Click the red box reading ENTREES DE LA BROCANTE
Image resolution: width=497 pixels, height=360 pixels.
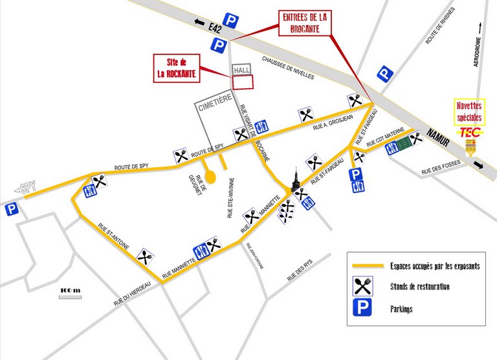point(304,23)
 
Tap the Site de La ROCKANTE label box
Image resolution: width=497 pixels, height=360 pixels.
point(175,67)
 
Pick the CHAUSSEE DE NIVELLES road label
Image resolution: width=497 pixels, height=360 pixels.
point(297,67)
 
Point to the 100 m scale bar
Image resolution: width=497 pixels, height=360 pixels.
point(70,291)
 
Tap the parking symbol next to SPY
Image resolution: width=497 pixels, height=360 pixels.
point(10,209)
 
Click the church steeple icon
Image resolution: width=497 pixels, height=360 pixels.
point(295,179)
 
